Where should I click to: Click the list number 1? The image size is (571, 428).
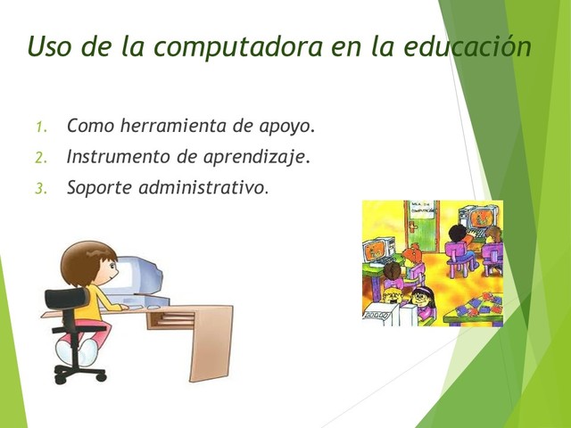pos(40,127)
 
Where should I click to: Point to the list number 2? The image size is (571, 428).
pos(40,158)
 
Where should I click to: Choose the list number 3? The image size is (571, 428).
pos(40,189)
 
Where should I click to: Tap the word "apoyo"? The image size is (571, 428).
pos(282,127)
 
